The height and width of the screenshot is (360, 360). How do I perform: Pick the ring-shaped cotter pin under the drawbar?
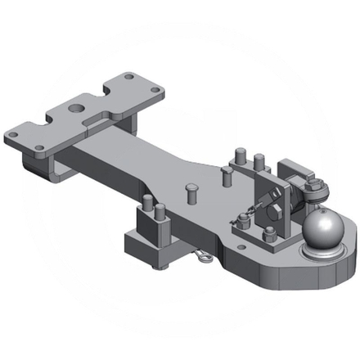[x=201, y=258]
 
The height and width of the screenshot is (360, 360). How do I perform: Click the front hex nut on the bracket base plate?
[x=271, y=235]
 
